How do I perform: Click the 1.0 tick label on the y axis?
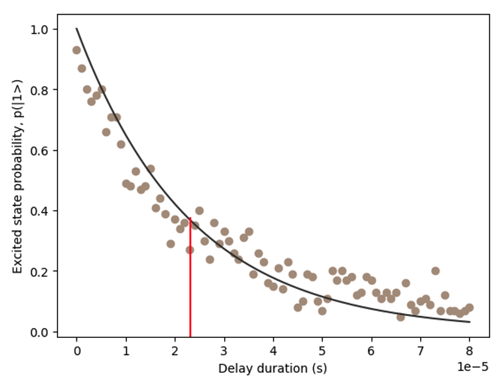[48, 29]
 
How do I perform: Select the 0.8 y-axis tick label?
[48, 90]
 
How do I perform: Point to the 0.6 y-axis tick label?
[48, 150]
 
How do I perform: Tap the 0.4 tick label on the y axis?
[48, 211]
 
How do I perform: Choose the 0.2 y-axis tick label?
[48, 271]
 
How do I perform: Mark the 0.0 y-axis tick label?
[48, 332]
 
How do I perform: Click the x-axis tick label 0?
[77, 351]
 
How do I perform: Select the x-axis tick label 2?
[175, 351]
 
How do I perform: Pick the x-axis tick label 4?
[273, 351]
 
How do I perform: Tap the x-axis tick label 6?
[371, 351]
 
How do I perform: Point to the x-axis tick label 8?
[469, 351]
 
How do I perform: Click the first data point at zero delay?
[76, 50]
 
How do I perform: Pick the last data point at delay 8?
[469, 307]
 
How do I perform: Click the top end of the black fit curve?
[77, 29]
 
